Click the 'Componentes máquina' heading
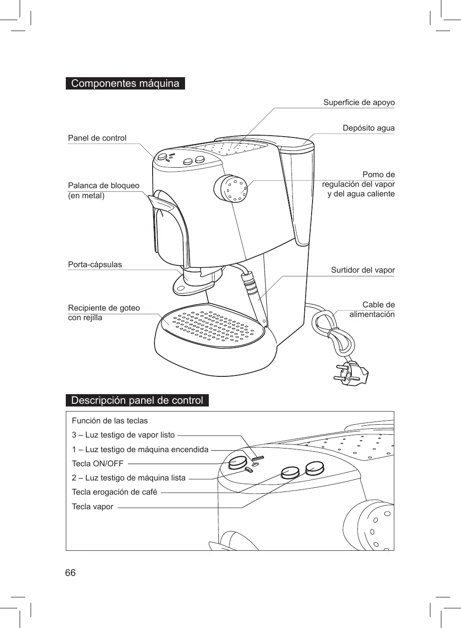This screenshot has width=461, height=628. click(125, 84)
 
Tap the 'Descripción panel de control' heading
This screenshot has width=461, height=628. click(137, 401)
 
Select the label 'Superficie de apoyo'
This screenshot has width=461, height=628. click(359, 102)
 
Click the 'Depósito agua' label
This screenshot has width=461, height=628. click(369, 128)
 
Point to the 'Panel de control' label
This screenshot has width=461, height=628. click(97, 138)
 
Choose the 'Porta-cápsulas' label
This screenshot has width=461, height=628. click(95, 264)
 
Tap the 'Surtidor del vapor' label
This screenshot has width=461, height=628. click(363, 270)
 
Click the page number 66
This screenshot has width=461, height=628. click(70, 573)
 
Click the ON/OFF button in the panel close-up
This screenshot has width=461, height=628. click(237, 462)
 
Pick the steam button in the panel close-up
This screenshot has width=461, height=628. click(314, 468)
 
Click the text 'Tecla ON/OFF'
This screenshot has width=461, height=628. click(97, 464)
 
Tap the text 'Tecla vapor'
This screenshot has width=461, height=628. click(92, 507)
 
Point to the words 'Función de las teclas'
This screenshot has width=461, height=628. click(110, 421)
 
